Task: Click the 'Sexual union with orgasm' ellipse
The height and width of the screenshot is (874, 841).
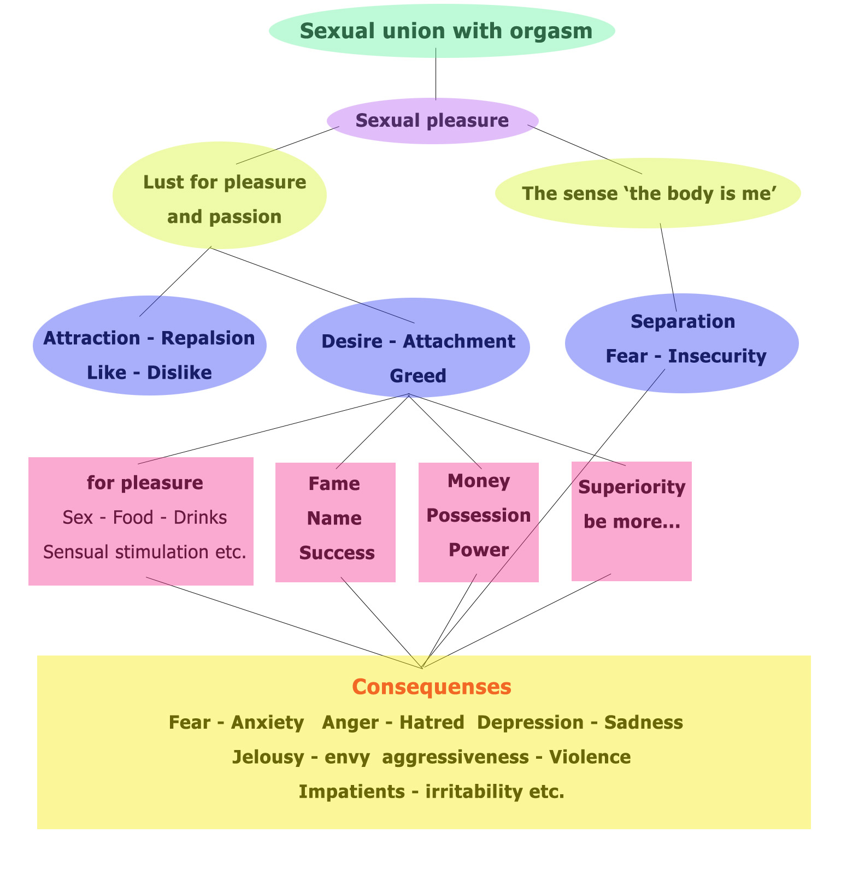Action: pyautogui.click(x=442, y=31)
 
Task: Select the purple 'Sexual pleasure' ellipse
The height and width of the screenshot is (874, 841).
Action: pyautogui.click(x=432, y=121)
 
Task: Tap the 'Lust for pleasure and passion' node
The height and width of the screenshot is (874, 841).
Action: pyautogui.click(x=220, y=196)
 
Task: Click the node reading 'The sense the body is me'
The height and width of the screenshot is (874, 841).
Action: pyautogui.click(x=648, y=193)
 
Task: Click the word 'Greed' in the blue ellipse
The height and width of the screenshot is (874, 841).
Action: pyautogui.click(x=417, y=376)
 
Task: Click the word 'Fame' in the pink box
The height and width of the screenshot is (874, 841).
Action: pyautogui.click(x=334, y=484)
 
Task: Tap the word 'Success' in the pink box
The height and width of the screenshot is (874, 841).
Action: pyautogui.click(x=337, y=553)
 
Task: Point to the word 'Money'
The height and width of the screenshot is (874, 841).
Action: pyautogui.click(x=478, y=481)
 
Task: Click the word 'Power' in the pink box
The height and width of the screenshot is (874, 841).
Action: pyautogui.click(x=478, y=550)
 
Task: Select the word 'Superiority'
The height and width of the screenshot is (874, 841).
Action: pyautogui.click(x=631, y=487)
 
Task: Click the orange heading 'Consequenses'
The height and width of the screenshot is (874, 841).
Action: pyautogui.click(x=432, y=687)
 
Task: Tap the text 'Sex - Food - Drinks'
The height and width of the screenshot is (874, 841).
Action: pyautogui.click(x=145, y=517)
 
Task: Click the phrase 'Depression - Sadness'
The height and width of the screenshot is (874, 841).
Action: pyautogui.click(x=580, y=722)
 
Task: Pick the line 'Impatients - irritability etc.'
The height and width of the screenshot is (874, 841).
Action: pyautogui.click(x=431, y=791)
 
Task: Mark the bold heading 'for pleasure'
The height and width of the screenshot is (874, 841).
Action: pyautogui.click(x=145, y=483)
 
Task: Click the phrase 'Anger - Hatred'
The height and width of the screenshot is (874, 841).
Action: pyautogui.click(x=393, y=722)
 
